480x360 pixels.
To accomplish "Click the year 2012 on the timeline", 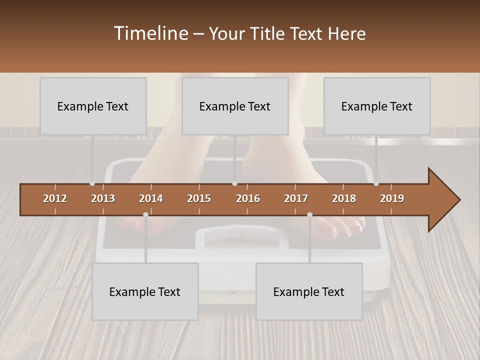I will point(55,198).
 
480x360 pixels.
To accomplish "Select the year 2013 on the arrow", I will point(103,198).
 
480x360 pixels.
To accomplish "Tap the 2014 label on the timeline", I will point(151,198).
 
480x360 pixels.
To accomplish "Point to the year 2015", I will point(199,198).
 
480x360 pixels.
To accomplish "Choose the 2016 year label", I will point(248,198).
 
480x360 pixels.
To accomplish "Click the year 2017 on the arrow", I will point(296,198).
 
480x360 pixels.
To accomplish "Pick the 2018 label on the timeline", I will point(344,198).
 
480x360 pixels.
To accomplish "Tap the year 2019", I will point(392,198).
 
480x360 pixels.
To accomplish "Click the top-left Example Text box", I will point(93,106).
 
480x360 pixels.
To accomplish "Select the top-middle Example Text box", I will point(235,106).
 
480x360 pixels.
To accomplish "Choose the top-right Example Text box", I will point(377,106).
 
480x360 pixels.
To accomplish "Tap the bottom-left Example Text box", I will point(145,291).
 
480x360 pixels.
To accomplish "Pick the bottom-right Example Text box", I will point(309,291).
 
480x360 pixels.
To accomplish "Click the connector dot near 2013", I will point(92,183).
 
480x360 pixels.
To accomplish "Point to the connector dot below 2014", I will point(145,214).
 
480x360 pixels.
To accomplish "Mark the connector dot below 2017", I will point(309,214).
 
